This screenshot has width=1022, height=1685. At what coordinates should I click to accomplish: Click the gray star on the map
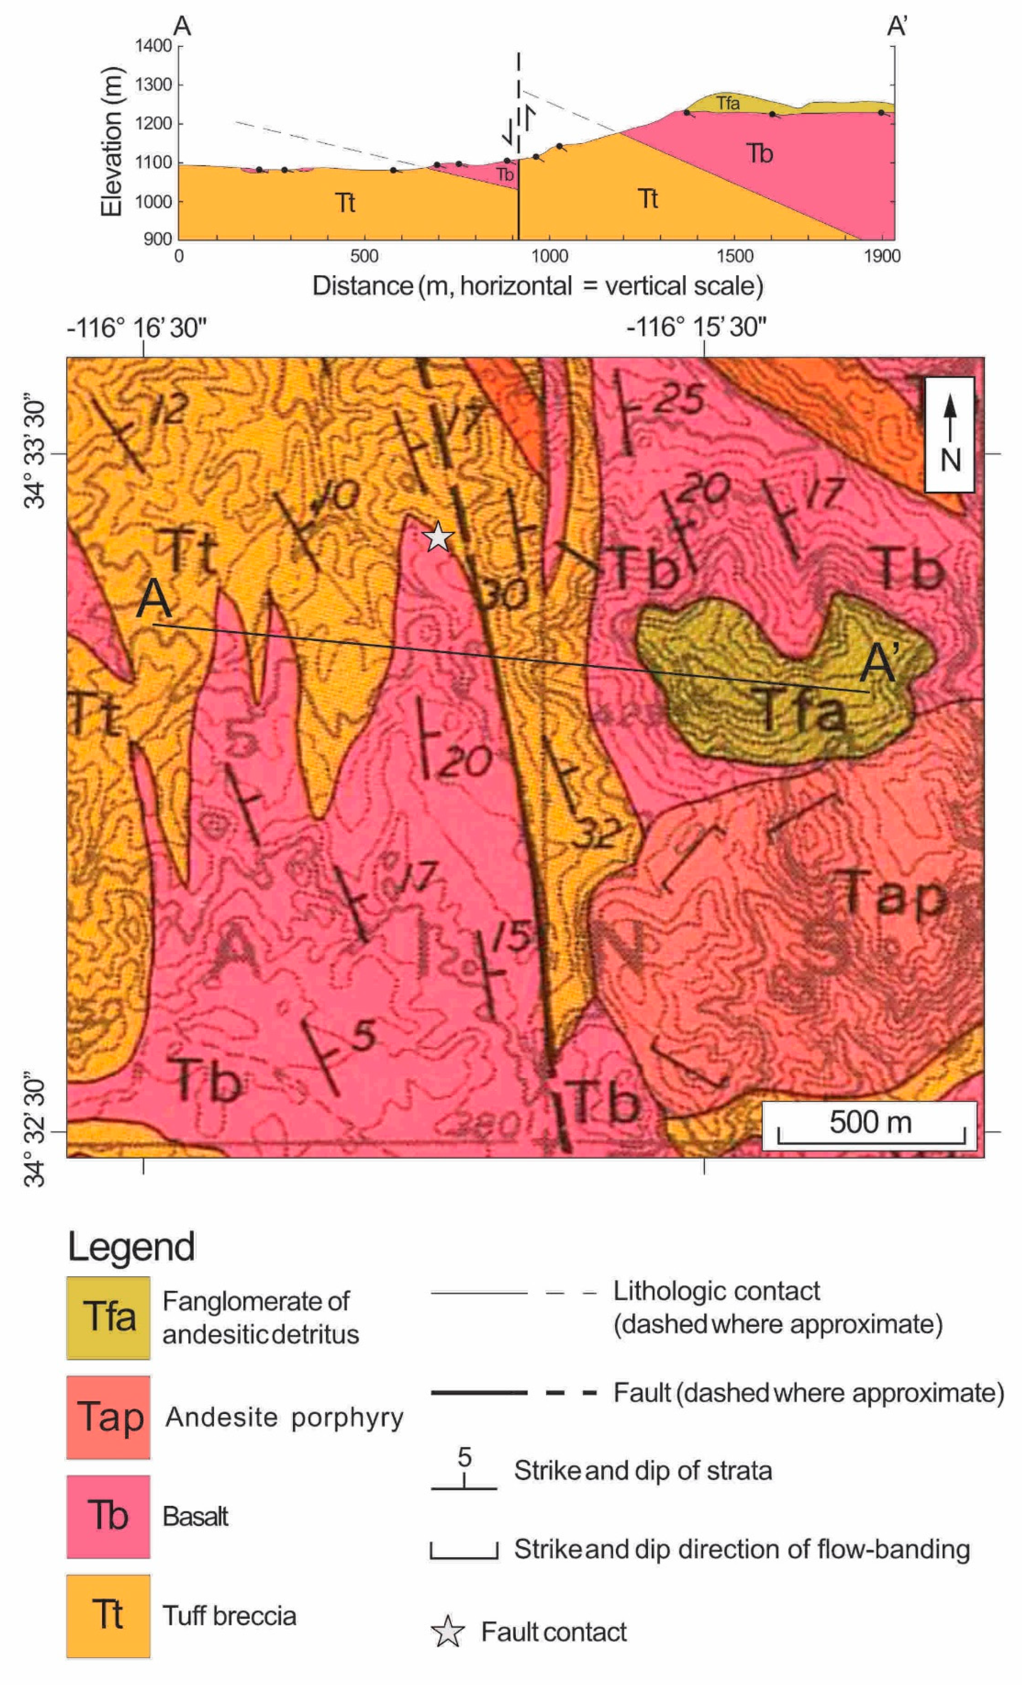pos(438,537)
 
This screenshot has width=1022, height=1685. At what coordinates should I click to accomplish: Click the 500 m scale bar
pos(870,1125)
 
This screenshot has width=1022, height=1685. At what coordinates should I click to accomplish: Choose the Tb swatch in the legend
pos(108,1516)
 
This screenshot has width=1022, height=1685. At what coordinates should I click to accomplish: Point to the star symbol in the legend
pos(447,1632)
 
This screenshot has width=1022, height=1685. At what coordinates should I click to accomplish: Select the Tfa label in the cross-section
pos(728,103)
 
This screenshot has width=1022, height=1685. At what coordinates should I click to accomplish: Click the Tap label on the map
pos(893,894)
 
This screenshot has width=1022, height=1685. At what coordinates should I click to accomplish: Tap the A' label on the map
pos(879,664)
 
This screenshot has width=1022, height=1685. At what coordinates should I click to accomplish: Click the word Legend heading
pos(131,1246)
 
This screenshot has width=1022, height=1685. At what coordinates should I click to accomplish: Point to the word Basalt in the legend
pos(195,1517)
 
